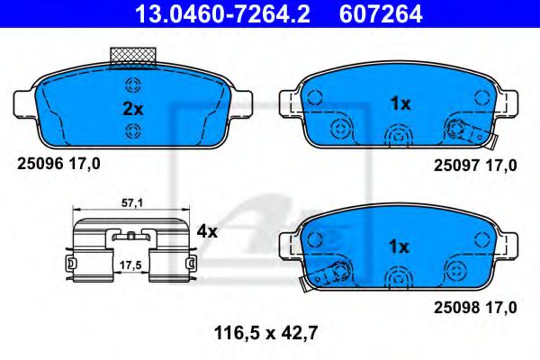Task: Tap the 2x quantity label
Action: click(x=132, y=109)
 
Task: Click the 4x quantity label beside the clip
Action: click(x=207, y=231)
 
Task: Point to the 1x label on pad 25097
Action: click(x=400, y=103)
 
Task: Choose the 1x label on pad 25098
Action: click(x=400, y=246)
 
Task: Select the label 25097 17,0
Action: click(x=475, y=165)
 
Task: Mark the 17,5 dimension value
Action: click(x=132, y=265)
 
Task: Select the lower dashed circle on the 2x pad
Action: click(x=132, y=131)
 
